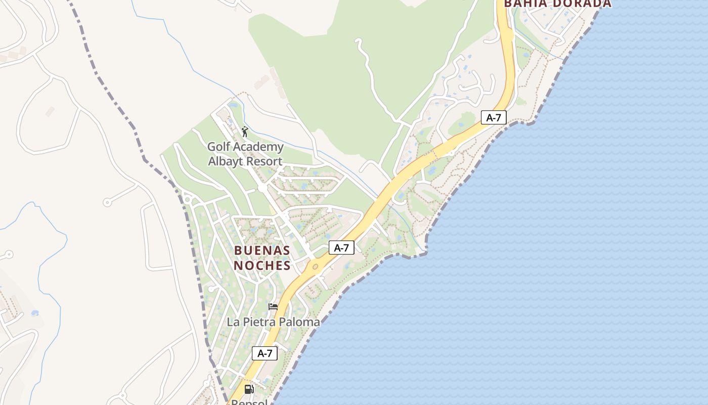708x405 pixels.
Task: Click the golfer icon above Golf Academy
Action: [245, 132]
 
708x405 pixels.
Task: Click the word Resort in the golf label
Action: [263, 161]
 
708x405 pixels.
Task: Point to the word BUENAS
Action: [262, 251]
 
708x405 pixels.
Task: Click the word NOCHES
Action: [262, 265]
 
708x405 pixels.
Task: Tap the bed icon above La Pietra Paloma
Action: [273, 307]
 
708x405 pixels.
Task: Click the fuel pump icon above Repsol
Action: [249, 389]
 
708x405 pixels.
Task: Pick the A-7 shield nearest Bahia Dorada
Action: [493, 118]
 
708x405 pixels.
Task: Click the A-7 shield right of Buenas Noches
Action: [341, 248]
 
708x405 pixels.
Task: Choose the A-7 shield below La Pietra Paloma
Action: [265, 353]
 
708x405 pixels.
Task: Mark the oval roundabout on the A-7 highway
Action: [315, 266]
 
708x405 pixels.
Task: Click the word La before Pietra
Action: [233, 322]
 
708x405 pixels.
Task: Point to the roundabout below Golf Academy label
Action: [262, 188]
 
